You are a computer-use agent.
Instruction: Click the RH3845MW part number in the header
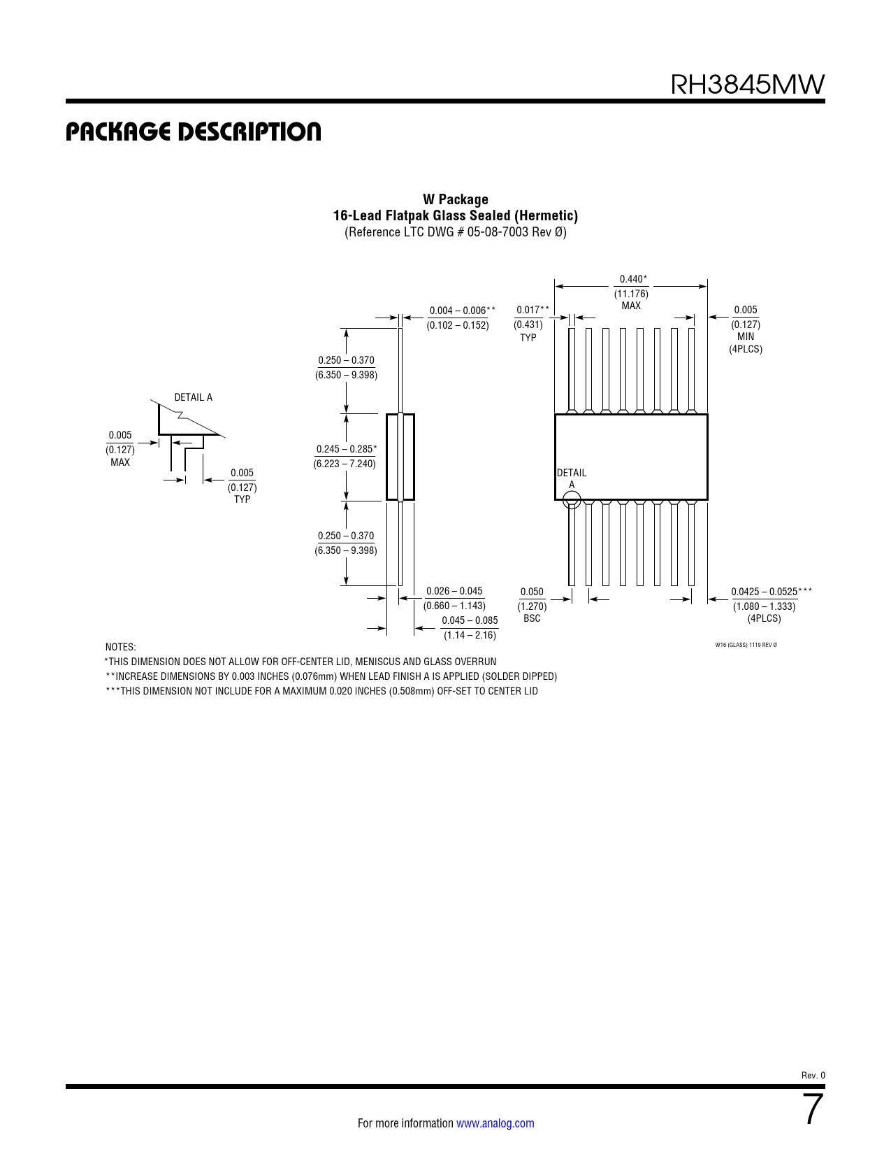[747, 85]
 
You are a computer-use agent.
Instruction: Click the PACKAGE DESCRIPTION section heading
[193, 132]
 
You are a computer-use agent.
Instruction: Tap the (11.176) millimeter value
[631, 294]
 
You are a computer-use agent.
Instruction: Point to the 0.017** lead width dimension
[533, 310]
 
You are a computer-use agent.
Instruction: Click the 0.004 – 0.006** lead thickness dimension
[462, 311]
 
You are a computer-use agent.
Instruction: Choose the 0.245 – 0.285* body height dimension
[346, 449]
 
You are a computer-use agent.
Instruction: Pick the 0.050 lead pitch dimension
[531, 592]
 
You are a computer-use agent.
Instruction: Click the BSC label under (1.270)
[532, 618]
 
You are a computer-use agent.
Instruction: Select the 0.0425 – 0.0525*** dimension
[772, 592]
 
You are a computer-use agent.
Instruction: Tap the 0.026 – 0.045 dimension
[454, 591]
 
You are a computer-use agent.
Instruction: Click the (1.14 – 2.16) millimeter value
[470, 635]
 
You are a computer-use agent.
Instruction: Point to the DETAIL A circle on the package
[572, 500]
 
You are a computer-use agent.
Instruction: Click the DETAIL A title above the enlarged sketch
[193, 397]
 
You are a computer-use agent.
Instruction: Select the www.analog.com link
[495, 1123]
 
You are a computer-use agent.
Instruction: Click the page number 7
[813, 1109]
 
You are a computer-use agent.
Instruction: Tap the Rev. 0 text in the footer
[813, 1075]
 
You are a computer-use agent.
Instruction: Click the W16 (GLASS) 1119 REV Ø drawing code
[746, 645]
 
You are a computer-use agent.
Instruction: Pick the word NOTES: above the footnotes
[120, 647]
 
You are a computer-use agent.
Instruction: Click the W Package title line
[455, 199]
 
